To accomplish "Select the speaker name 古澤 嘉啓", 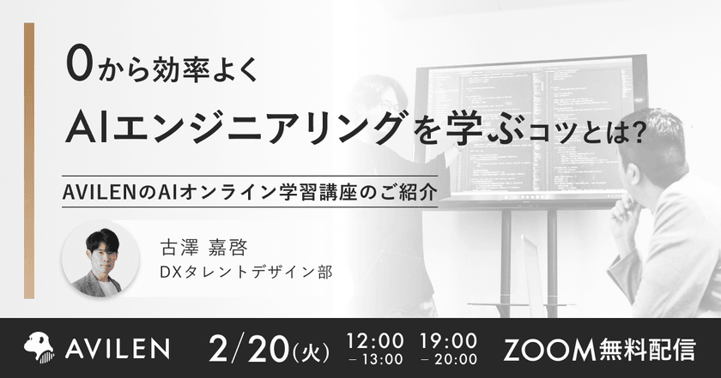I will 198,247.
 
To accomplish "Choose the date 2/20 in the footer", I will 249,346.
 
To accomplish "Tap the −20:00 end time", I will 449,358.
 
